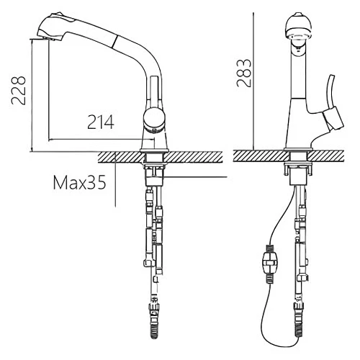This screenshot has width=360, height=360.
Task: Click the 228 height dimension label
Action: tap(19, 91)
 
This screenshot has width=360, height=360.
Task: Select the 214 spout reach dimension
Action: tap(101, 122)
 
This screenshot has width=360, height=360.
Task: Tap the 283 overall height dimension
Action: tap(244, 73)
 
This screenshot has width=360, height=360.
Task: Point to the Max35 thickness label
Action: tap(79, 183)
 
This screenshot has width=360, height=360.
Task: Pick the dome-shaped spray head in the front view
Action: tap(299, 27)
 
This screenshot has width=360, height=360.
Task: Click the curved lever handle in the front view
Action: tap(330, 93)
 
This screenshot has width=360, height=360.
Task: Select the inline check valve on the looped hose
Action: tap(269, 264)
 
